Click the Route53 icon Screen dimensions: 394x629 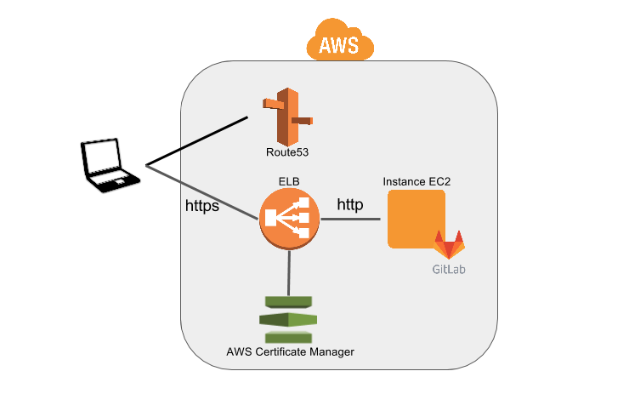(287, 116)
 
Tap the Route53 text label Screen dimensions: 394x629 (287, 153)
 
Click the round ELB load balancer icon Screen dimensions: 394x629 (289, 220)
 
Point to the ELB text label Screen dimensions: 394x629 (289, 181)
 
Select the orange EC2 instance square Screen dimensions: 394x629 (416, 219)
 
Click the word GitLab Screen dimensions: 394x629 (449, 270)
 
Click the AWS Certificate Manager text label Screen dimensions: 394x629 (290, 351)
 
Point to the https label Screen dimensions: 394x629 (202, 206)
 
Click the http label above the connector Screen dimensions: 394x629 (351, 204)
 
